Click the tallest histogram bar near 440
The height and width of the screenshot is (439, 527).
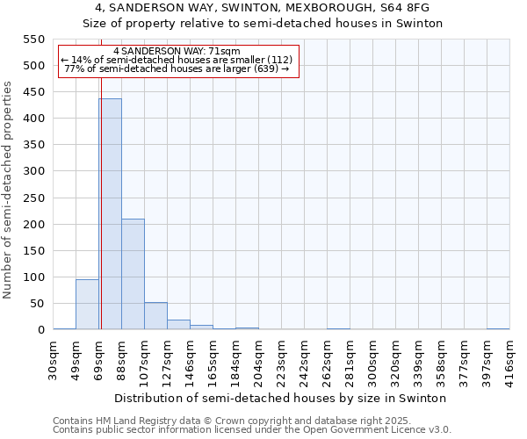[x=110, y=214]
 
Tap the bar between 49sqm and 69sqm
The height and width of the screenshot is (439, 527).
[x=87, y=305]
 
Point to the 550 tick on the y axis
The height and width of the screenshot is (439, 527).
[x=32, y=40]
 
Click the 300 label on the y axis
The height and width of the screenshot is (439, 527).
[x=32, y=171]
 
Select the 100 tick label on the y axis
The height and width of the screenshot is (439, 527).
[x=32, y=277]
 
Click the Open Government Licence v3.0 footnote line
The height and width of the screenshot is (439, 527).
[x=252, y=430]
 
